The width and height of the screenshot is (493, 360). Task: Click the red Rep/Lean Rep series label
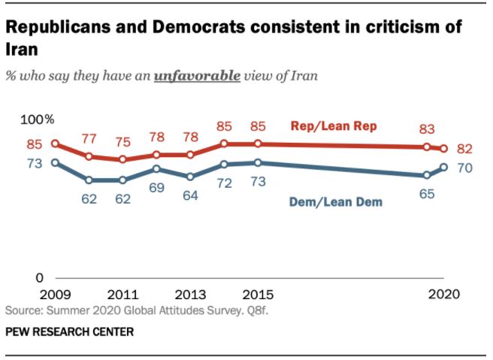click(334, 126)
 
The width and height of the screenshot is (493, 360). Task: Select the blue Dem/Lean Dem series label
click(336, 201)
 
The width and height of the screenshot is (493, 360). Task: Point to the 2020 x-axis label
click(444, 294)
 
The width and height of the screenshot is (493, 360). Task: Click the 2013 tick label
click(189, 294)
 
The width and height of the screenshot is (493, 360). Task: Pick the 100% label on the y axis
click(37, 119)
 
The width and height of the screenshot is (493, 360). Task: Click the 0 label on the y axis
click(41, 279)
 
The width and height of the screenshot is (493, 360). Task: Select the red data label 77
click(89, 138)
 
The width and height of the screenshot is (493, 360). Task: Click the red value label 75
click(122, 142)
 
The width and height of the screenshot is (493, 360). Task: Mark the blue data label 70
click(464, 168)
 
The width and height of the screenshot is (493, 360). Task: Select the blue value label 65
click(426, 193)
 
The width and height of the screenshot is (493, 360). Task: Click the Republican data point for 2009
click(55, 144)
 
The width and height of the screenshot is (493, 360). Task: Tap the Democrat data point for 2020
click(444, 168)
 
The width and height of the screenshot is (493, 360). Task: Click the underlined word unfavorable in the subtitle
click(196, 77)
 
